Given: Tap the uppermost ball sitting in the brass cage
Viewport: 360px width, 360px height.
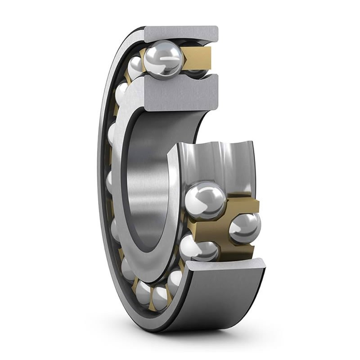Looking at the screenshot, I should pyautogui.click(x=205, y=200).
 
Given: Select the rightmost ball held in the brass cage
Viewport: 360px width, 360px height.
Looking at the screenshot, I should pyautogui.click(x=244, y=228).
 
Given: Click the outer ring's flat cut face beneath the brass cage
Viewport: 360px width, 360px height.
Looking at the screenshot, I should pyautogui.click(x=225, y=265).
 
